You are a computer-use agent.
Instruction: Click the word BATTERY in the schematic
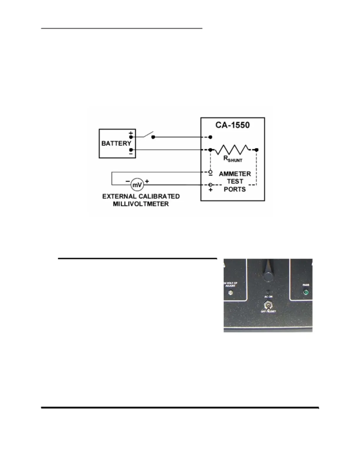116,143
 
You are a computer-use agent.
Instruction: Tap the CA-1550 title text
232,125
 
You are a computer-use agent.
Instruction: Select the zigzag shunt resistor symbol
232,149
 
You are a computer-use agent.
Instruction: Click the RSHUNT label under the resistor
233,159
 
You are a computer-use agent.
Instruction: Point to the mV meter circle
137,185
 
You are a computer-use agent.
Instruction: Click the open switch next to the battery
148,135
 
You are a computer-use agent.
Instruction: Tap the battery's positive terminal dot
131,137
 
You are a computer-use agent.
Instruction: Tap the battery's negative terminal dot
131,150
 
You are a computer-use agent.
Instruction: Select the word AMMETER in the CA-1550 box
235,174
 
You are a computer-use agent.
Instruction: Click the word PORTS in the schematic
235,189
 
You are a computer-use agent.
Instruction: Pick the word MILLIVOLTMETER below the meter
141,204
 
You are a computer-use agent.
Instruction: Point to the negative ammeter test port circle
210,172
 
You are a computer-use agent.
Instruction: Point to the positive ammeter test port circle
210,185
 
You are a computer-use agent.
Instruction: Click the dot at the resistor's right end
256,150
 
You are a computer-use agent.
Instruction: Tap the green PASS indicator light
306,292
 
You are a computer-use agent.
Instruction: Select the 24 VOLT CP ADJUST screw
231,293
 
